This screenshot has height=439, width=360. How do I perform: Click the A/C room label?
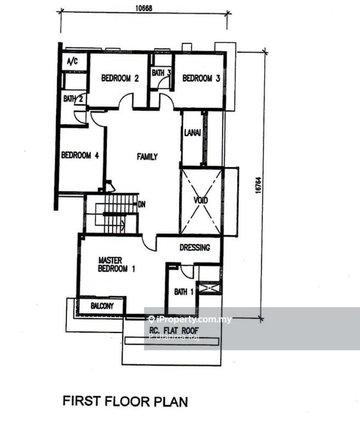[72, 61]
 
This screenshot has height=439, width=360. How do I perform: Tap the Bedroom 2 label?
[120, 78]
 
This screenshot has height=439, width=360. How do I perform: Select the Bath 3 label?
[161, 72]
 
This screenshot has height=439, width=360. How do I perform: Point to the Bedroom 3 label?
[201, 78]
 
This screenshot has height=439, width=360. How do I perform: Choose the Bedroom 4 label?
[80, 155]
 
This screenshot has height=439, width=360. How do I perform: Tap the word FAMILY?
[147, 157]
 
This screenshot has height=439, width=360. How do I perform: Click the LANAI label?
[192, 138]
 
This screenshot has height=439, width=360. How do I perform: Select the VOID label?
[201, 201]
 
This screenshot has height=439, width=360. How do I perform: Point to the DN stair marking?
[141, 204]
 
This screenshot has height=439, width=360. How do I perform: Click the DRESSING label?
[195, 247]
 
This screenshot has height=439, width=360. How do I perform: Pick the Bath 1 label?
[184, 291]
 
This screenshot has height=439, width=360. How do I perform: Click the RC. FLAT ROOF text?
[174, 330]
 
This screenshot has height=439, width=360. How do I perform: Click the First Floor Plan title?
[125, 401]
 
